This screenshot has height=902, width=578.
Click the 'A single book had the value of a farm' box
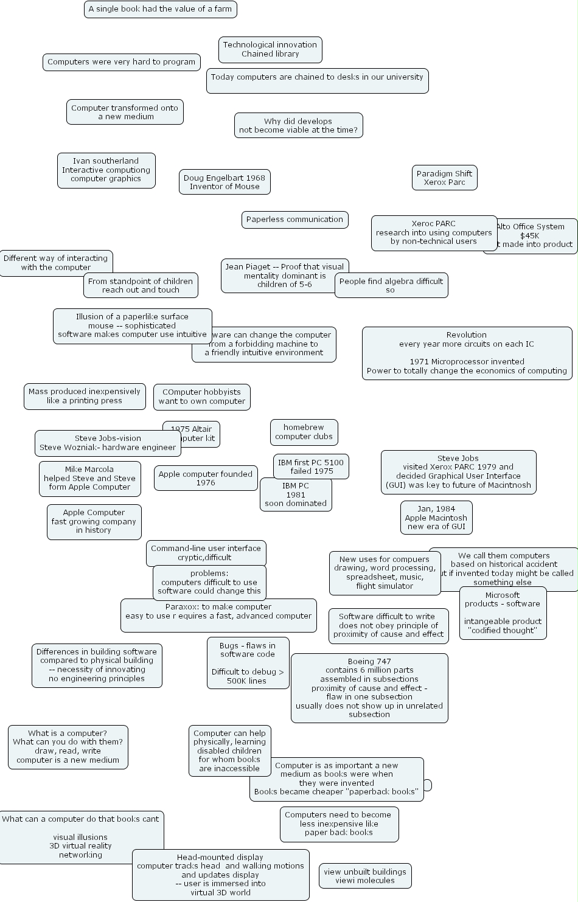(x=160, y=9)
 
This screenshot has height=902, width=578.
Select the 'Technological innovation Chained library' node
(x=270, y=49)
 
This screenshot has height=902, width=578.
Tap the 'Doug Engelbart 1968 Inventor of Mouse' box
(x=225, y=182)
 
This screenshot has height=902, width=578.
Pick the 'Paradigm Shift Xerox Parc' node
(x=444, y=178)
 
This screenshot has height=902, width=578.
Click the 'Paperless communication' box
(x=294, y=220)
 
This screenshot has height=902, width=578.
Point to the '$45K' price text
(x=529, y=236)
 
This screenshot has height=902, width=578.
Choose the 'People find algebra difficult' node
(x=391, y=285)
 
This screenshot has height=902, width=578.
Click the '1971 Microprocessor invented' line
(x=467, y=361)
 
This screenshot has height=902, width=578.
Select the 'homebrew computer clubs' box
(x=304, y=432)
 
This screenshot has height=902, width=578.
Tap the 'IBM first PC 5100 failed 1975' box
(x=310, y=467)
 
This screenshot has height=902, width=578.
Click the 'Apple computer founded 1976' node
(x=206, y=478)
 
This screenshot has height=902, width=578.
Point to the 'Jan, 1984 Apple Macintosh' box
(x=436, y=518)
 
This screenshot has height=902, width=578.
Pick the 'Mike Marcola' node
(x=89, y=478)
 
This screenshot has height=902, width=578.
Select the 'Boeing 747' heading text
(x=369, y=661)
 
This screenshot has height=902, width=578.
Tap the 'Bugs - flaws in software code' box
(x=248, y=663)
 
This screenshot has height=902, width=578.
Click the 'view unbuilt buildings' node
(x=365, y=876)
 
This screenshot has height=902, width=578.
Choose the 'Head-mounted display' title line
(x=220, y=857)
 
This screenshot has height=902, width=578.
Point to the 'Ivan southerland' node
(x=106, y=170)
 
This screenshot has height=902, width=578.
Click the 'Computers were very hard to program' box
(x=121, y=62)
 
